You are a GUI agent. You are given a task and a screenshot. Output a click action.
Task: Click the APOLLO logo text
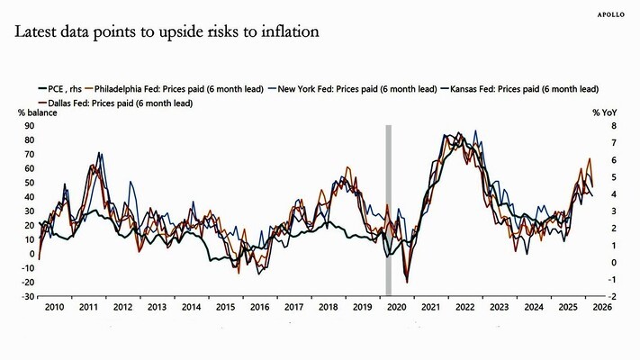[x=613, y=14]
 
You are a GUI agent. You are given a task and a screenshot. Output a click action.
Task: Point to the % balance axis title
[x=34, y=112]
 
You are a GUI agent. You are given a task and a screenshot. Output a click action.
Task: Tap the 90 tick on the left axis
[x=29, y=126]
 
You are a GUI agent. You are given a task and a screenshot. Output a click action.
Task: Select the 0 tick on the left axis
[x=32, y=254]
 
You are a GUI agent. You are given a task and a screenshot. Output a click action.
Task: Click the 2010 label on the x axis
[x=53, y=308]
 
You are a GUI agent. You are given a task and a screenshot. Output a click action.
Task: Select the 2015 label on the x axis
[x=224, y=308]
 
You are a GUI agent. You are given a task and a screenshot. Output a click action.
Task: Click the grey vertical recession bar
[x=388, y=207]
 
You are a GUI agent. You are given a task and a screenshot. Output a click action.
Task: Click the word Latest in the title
[x=37, y=32]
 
